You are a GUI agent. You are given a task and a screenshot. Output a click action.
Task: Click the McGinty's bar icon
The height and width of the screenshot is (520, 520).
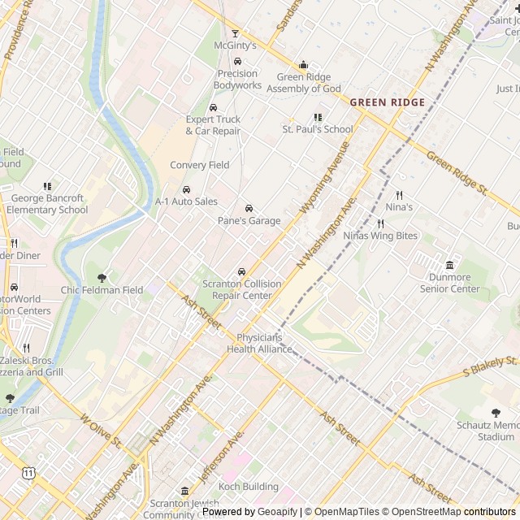pos(236,33)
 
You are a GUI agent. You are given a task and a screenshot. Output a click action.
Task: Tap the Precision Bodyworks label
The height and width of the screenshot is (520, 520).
pos(238,80)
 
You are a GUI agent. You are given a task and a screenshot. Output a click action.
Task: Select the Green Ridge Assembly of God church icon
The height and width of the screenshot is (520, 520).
pos(304,65)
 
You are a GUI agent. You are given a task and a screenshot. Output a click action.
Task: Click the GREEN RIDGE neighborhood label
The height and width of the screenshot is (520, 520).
pos(388,102)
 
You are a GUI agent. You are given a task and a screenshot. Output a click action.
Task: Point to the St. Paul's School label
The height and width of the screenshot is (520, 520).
pos(318,129)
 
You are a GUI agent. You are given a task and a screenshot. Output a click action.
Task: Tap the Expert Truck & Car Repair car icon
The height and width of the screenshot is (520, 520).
pos(213,107)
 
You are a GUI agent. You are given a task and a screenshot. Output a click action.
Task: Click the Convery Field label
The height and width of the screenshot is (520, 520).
pos(200,166)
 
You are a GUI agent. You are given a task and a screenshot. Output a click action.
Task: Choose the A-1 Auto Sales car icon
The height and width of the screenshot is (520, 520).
pos(187,189)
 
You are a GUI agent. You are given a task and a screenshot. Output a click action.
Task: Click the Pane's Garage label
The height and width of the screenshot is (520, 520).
pos(249,221)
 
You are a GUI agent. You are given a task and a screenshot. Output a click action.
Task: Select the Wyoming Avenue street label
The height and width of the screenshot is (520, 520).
pos(323,179)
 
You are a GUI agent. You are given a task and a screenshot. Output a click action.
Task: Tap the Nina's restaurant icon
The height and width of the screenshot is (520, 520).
pos(399,195)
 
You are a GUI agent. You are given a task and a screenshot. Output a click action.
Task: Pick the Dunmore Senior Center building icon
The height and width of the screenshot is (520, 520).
pos(449,266)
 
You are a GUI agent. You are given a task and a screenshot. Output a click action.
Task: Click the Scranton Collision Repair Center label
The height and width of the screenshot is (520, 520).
pos(241,290)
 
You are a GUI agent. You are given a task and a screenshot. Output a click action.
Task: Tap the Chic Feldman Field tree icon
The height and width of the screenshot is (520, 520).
pos(102,278)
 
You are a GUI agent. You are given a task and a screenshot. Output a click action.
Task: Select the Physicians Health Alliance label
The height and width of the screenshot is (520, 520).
pos(259,344)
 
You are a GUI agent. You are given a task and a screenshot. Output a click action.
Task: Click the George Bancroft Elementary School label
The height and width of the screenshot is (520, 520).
pos(47,204)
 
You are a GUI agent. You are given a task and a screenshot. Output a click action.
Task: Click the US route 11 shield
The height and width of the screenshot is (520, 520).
pos(29,472)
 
